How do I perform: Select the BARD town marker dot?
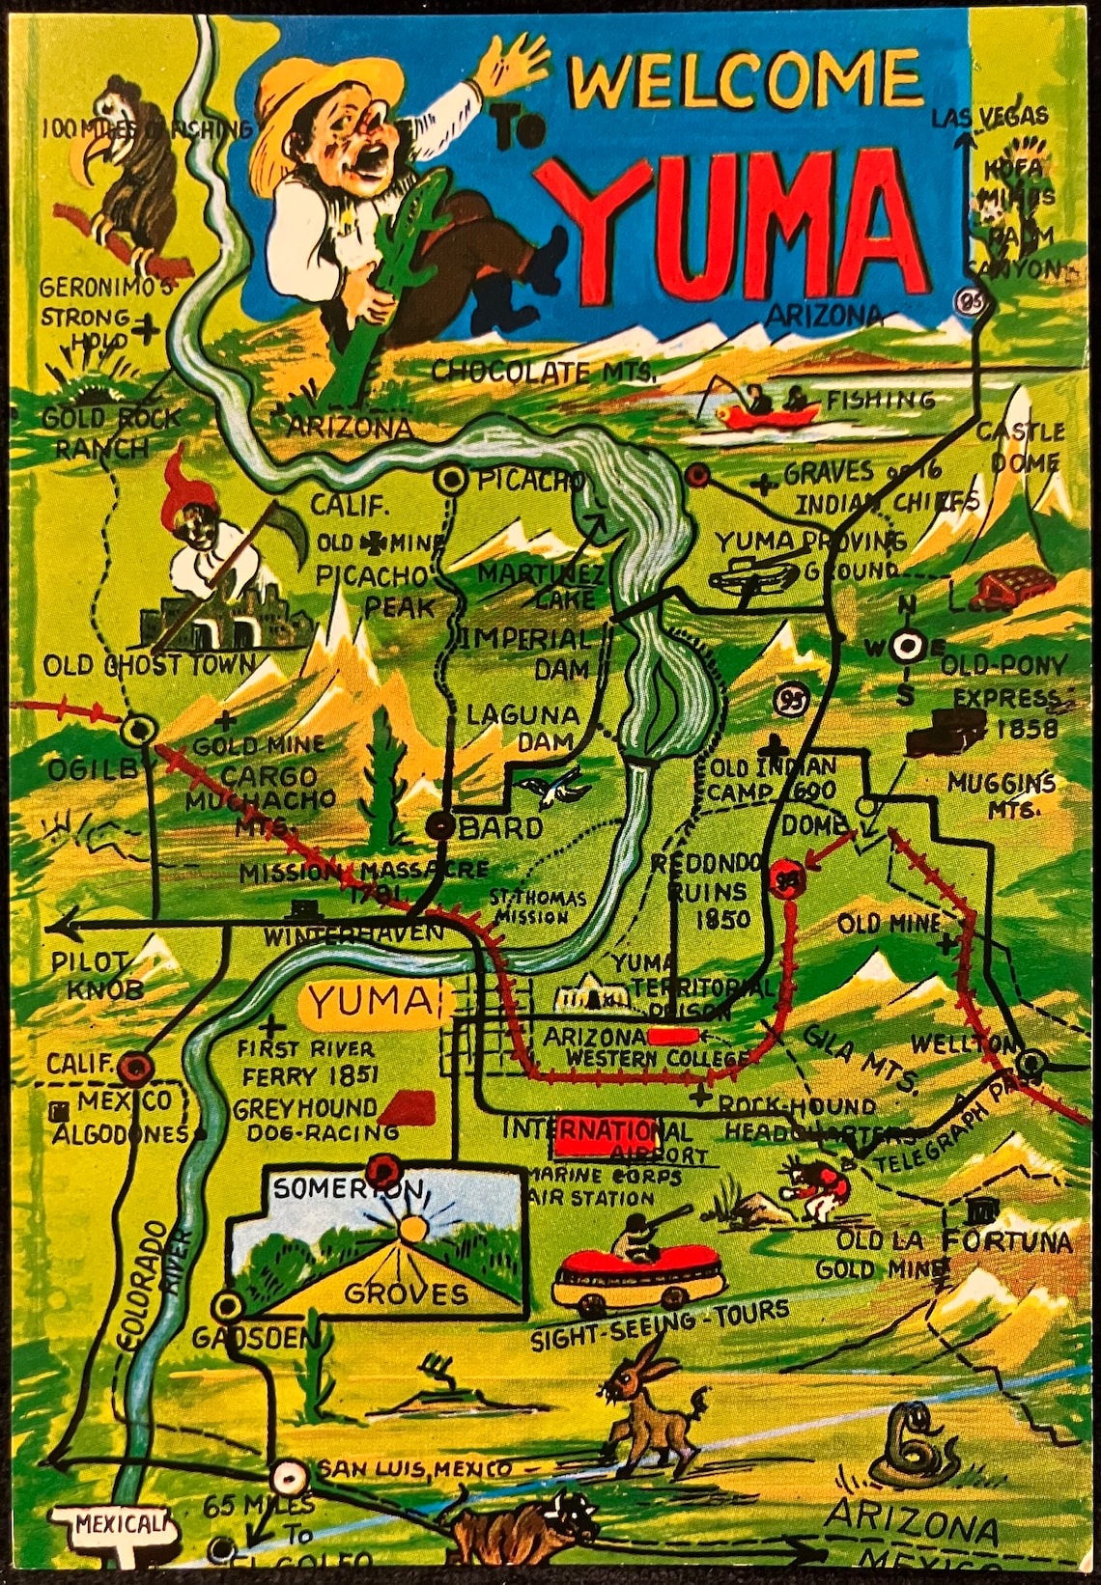point(441,825)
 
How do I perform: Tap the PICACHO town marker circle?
point(450,478)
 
